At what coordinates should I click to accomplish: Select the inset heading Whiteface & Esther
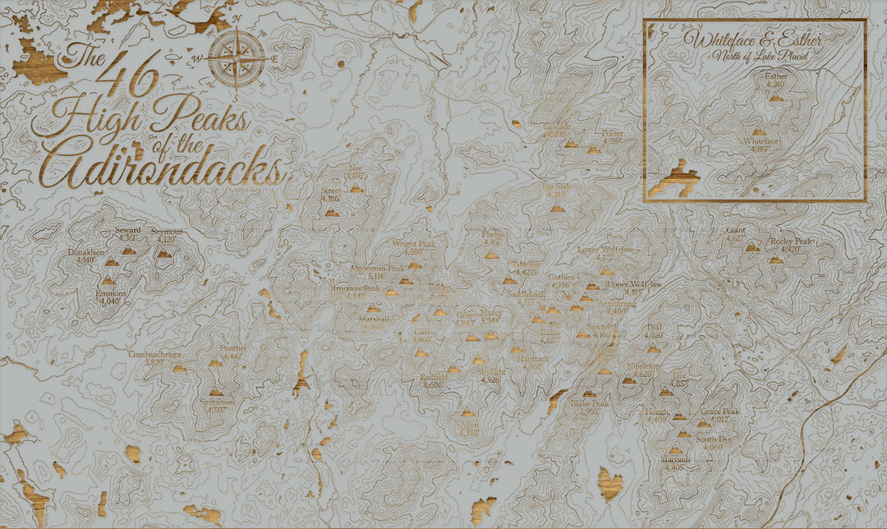tap(756, 40)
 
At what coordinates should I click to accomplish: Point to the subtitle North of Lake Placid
tap(757, 55)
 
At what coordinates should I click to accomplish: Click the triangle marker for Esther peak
tap(776, 97)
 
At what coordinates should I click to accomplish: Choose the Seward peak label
tap(128, 232)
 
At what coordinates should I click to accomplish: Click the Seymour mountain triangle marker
tap(164, 254)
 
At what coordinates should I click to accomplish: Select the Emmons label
tap(107, 293)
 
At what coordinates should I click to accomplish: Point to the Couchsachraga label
tap(154, 354)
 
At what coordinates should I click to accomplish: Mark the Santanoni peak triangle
tap(216, 391)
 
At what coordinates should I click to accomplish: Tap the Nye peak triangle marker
tap(356, 188)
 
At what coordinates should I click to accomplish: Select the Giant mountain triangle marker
tap(751, 246)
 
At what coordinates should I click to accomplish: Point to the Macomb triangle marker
tap(675, 450)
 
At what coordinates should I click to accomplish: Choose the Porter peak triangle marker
tap(593, 150)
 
